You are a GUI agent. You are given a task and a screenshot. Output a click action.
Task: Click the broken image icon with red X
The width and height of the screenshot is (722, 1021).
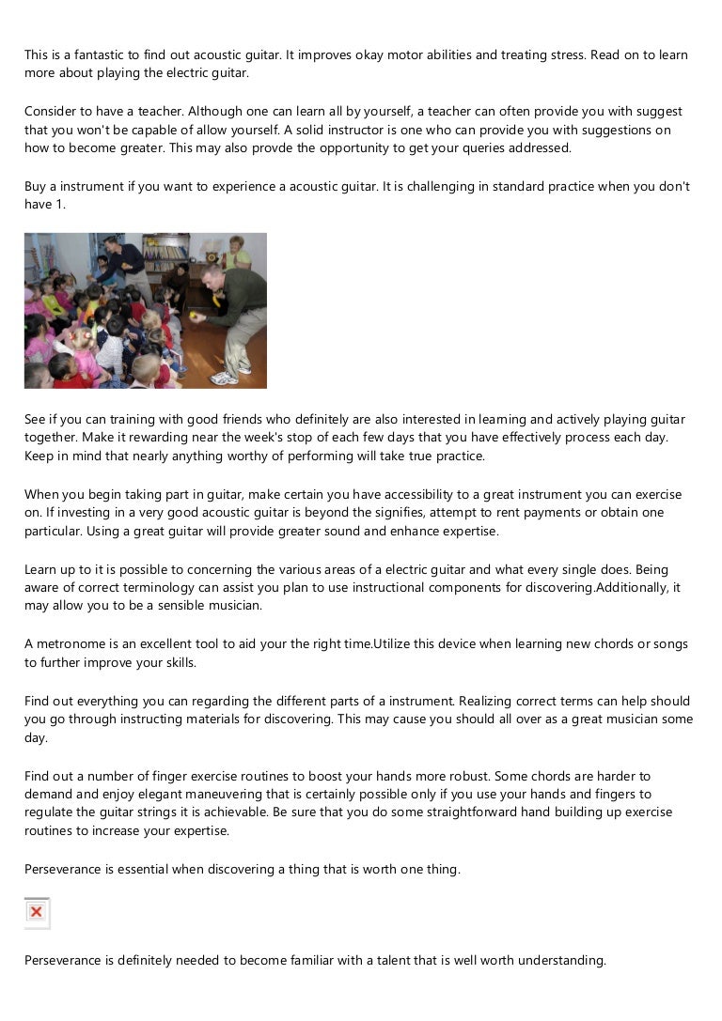pos(37,912)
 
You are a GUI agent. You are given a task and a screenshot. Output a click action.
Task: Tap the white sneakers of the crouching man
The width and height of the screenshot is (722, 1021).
pos(225,378)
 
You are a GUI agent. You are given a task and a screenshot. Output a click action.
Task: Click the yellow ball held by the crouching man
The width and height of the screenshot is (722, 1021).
pos(194,317)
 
